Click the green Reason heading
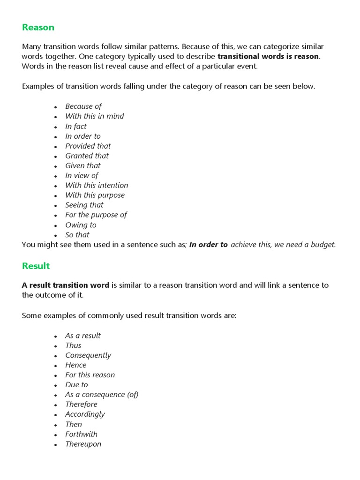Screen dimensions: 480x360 pos(38,27)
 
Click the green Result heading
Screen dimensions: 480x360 pos(36,266)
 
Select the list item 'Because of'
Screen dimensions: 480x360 pos(83,106)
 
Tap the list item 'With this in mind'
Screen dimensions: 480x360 pos(94,116)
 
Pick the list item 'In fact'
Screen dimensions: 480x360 pos(75,126)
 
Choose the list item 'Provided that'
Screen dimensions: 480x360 pos(88,146)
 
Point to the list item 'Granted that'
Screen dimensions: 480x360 pos(87,156)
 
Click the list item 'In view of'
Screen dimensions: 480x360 pos(82,175)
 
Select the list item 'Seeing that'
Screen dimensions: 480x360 pos(84,205)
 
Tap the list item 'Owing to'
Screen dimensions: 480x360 pos(81,225)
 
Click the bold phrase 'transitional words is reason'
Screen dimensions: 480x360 pos(268,56)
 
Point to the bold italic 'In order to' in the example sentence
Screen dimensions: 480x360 pos(209,245)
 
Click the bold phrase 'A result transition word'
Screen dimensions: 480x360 pos(66,285)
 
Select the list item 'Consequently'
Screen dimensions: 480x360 pos(88,355)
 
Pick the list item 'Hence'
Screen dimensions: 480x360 pos(75,365)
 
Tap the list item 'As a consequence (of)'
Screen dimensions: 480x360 pos(102,395)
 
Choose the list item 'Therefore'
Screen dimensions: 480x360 pos(81,405)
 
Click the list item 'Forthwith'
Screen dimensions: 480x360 pos(81,434)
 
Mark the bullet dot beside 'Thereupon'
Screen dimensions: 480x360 pos(55,445)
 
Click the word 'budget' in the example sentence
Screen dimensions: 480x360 pos(323,245)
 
